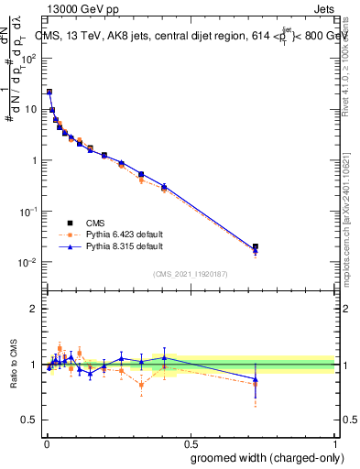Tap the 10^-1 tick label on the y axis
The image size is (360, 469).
click(30, 212)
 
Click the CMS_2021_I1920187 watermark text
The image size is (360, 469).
click(190, 274)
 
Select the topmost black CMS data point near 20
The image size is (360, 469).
click(49, 92)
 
